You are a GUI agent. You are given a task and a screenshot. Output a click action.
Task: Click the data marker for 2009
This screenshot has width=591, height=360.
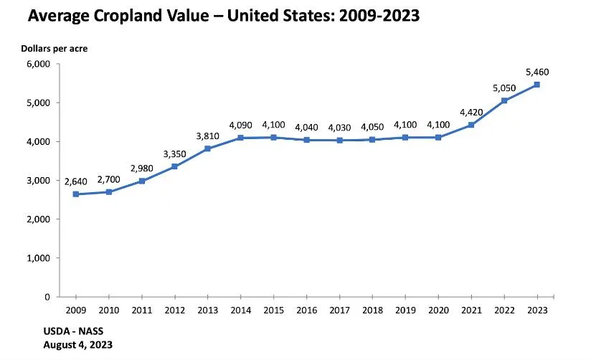click(76, 194)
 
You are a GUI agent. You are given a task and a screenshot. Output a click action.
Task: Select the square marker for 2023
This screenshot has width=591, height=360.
click(537, 85)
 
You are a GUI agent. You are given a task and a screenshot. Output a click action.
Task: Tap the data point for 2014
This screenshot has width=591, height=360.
click(240, 138)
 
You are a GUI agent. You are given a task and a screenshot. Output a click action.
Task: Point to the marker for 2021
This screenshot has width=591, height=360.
click(471, 125)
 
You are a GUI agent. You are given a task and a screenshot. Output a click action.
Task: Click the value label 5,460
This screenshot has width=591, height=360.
click(537, 72)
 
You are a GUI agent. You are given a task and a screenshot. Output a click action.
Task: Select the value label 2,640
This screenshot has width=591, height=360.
click(76, 181)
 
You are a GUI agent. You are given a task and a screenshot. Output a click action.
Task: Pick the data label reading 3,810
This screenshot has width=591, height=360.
click(208, 136)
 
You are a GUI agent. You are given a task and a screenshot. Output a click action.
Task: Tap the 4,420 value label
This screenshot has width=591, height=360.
click(471, 113)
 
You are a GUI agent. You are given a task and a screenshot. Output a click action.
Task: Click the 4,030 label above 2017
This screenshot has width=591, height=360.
click(339, 128)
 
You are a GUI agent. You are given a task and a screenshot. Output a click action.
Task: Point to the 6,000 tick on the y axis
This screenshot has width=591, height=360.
click(39, 64)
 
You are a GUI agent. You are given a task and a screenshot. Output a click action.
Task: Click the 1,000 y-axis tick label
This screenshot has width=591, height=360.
click(39, 258)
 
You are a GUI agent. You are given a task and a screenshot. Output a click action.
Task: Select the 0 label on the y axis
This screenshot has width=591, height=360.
click(47, 297)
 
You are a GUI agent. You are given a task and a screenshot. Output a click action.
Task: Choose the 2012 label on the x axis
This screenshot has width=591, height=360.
click(175, 311)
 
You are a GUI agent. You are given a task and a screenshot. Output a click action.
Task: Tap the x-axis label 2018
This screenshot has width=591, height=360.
click(372, 311)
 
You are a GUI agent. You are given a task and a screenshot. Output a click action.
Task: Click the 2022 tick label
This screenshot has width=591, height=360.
click(504, 311)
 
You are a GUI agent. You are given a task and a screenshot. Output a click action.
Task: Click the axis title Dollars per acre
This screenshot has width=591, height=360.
click(55, 49)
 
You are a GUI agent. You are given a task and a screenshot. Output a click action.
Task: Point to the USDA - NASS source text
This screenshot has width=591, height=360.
click(73, 331)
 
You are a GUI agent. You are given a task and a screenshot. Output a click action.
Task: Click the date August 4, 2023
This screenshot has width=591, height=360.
click(77, 345)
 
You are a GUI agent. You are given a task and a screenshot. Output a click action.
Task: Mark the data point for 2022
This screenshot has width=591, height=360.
click(504, 100)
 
